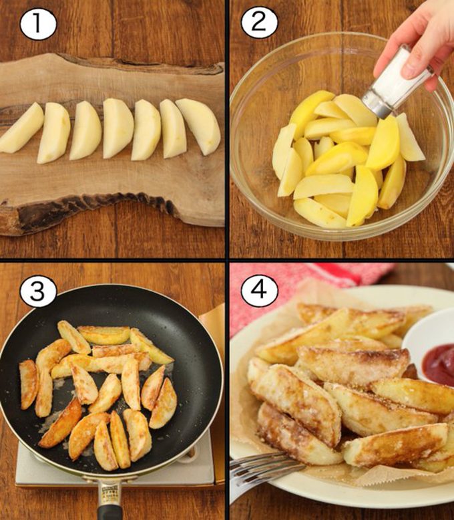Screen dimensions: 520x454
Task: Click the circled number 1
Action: coord(37,25)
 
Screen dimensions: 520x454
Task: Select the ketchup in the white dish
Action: coord(439,364)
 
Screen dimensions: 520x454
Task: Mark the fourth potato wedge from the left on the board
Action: coord(118,128)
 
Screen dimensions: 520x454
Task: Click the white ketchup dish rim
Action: coord(411,334)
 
